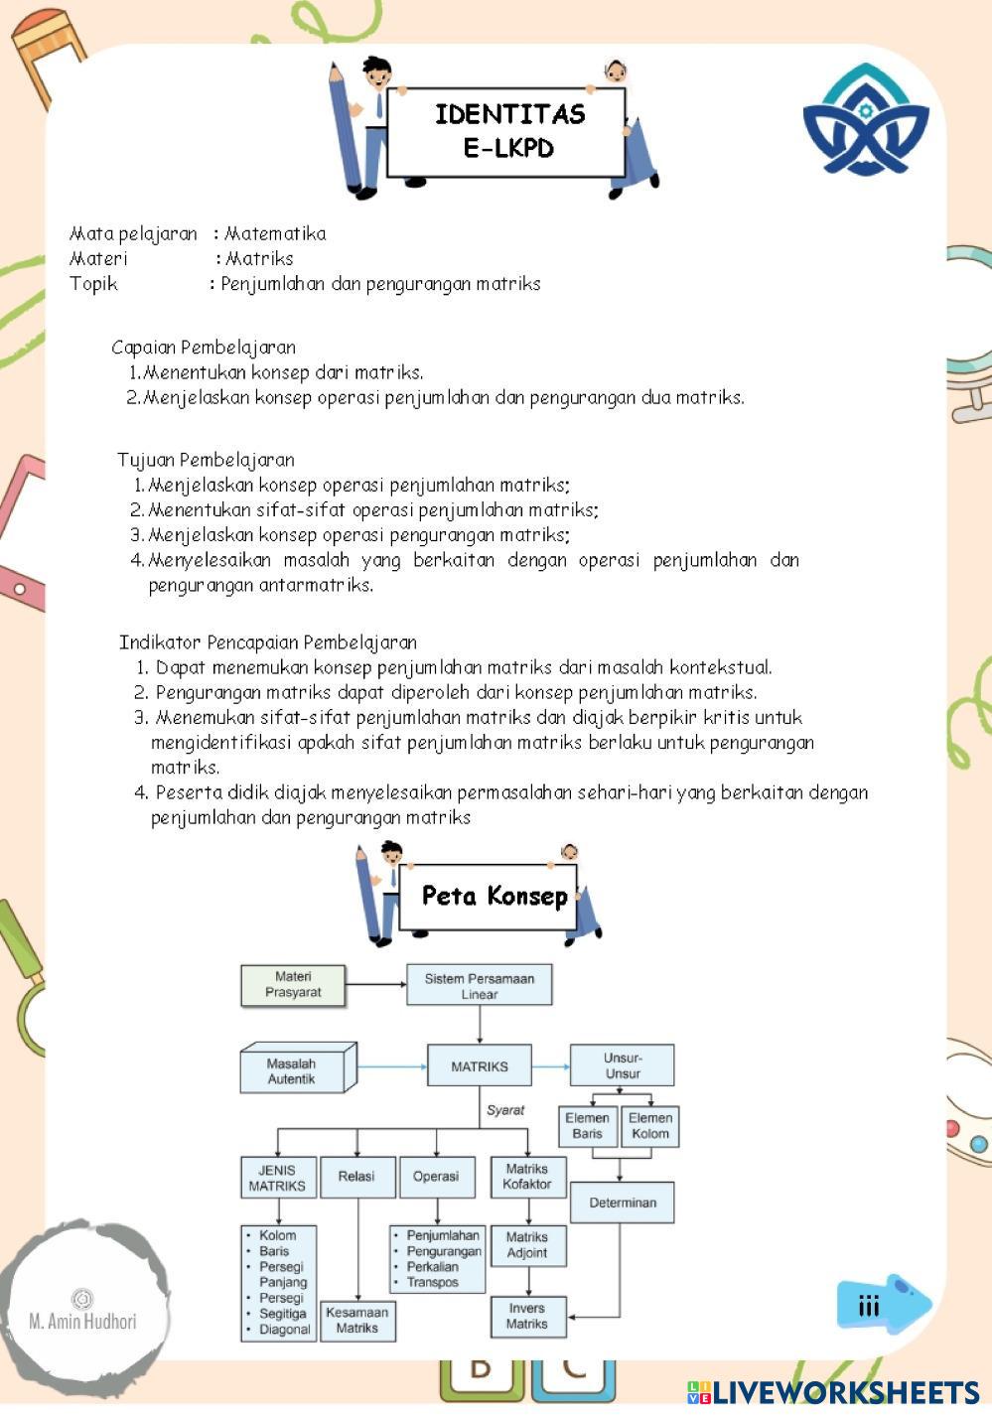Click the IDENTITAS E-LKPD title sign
click(506, 131)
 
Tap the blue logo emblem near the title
click(865, 121)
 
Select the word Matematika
click(275, 234)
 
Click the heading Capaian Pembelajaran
click(204, 348)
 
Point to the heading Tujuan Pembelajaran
click(206, 460)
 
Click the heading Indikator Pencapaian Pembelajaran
click(268, 642)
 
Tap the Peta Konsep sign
click(494, 896)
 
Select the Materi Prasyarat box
click(293, 985)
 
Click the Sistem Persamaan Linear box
click(479, 985)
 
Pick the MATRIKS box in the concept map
click(479, 1066)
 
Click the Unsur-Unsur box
click(622, 1065)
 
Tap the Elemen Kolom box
click(649, 1126)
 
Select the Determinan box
click(622, 1203)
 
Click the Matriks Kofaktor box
click(526, 1177)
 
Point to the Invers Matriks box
click(526, 1316)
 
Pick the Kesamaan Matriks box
click(356, 1320)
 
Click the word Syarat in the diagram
click(504, 1110)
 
